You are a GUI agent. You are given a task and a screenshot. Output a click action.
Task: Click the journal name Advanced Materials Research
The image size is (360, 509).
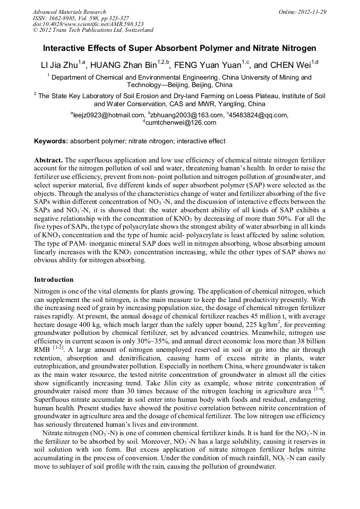tap(69, 12)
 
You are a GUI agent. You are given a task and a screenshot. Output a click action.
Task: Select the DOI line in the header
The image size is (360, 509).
tap(88, 24)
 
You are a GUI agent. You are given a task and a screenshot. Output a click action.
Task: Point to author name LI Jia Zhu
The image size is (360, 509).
tap(59, 65)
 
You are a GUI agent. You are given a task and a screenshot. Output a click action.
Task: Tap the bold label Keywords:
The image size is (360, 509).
tap(51, 141)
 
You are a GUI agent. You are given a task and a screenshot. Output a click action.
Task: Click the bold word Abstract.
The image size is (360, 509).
tap(48, 160)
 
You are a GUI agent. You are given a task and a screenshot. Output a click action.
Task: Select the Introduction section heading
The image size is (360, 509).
tap(54, 279)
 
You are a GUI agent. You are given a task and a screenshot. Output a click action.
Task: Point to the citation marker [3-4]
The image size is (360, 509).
tap(319, 390)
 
